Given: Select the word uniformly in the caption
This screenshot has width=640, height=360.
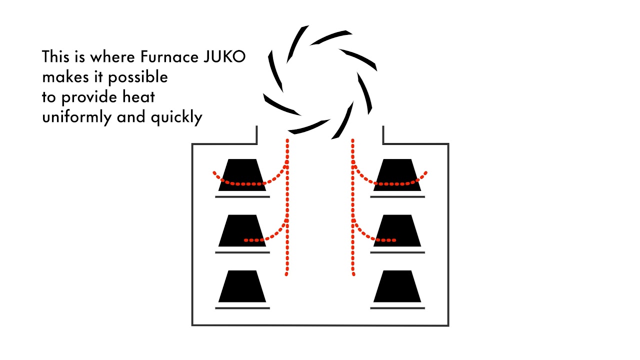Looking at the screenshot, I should point(77,117).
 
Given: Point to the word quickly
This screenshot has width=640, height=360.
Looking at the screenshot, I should point(176,117).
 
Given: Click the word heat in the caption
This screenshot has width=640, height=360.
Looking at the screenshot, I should point(137,97).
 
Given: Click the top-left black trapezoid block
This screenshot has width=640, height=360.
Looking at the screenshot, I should point(242,175).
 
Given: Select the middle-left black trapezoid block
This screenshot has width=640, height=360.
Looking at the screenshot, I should point(242,230).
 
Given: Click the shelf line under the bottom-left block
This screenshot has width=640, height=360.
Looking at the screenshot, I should point(242,308).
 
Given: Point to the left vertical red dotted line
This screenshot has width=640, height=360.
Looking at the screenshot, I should point(287,210).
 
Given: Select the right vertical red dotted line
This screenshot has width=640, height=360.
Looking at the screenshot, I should point(353,210).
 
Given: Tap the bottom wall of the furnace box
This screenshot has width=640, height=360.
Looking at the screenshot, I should point(320,325).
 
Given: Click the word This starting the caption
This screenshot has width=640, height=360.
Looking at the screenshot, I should point(54,56).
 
